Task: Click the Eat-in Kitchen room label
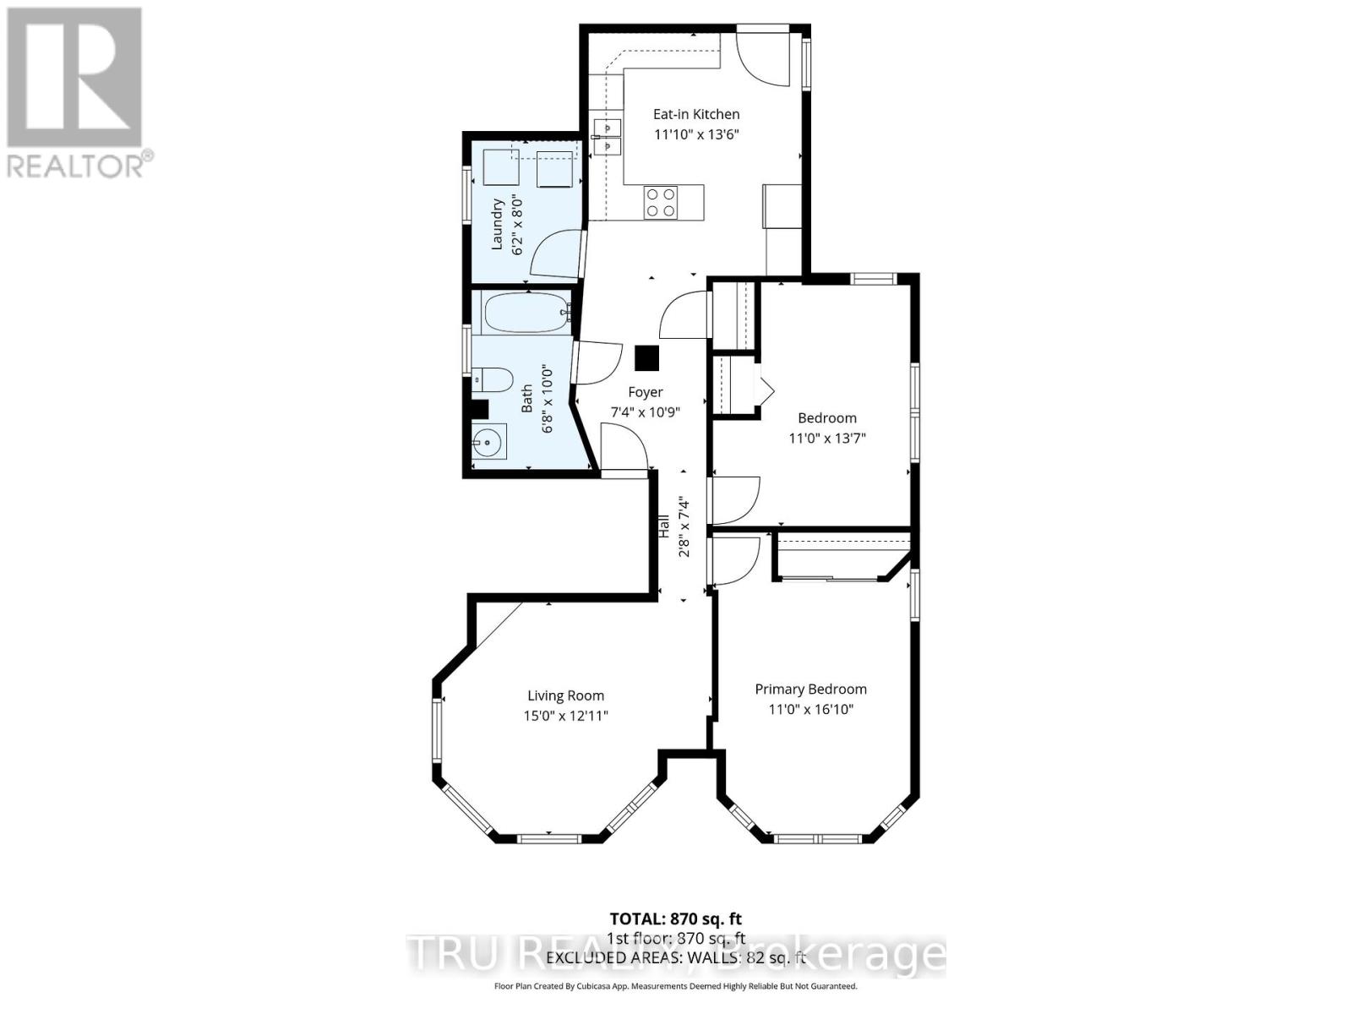click(695, 114)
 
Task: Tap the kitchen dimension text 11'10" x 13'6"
click(695, 134)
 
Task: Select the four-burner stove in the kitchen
click(660, 202)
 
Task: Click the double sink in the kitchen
click(607, 137)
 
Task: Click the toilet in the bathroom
click(491, 379)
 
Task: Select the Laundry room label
click(498, 224)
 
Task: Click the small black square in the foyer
click(647, 358)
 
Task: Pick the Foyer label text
click(645, 392)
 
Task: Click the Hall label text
click(664, 527)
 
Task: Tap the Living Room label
click(565, 696)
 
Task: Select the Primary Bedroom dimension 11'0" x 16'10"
click(810, 710)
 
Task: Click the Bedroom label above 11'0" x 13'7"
click(826, 418)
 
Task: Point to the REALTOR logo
click(76, 93)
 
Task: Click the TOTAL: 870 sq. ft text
click(676, 919)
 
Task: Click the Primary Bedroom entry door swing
click(734, 560)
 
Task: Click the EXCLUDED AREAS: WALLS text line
click(676, 958)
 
